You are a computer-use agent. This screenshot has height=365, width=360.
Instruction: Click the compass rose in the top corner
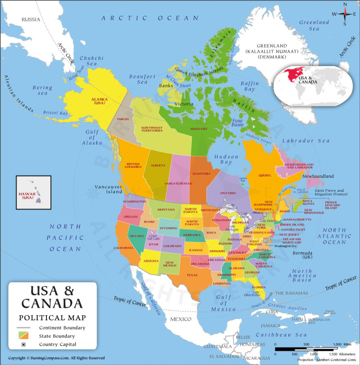point(345,14)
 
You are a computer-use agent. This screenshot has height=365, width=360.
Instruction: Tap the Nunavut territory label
point(197,129)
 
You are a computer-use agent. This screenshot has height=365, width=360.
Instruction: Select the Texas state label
point(192,275)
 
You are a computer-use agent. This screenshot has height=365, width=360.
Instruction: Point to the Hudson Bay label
point(226,159)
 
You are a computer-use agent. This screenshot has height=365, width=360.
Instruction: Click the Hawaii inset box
point(33,192)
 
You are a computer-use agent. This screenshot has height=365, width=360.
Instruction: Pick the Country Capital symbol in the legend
point(24,344)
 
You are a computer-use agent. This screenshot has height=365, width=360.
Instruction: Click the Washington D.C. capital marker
point(265,241)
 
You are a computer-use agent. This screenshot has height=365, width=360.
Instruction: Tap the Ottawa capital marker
point(265,215)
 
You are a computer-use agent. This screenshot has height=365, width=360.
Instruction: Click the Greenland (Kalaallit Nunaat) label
point(272,51)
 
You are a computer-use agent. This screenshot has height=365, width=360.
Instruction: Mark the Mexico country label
point(181,319)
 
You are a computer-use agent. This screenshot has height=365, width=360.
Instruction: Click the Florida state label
point(258,287)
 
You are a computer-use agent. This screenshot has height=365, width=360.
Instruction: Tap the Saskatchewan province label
point(178,184)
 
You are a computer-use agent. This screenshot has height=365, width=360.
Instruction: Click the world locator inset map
point(313,86)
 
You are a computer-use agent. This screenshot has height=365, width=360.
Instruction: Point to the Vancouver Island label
point(108,189)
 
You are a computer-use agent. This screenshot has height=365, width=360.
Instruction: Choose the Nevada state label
point(137,236)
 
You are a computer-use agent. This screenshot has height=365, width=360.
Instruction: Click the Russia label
point(31,19)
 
